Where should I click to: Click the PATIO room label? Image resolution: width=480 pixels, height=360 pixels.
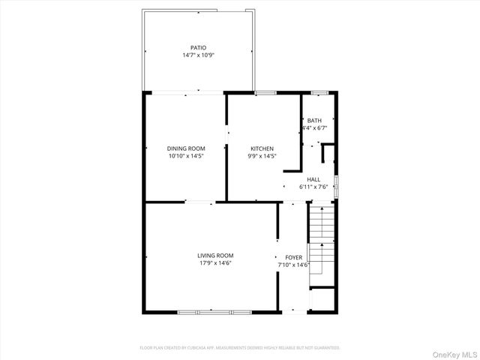[198, 47]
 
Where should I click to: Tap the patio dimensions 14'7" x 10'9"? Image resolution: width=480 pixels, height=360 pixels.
[198, 55]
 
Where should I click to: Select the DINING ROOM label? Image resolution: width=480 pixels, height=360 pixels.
[186, 148]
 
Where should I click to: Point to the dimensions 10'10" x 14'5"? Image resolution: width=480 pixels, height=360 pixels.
[186, 157]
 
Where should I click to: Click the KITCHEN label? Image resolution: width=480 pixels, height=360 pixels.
[262, 148]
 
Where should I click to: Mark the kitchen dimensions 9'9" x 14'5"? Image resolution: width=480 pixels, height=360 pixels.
[262, 157]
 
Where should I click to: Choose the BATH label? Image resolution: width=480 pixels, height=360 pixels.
[314, 121]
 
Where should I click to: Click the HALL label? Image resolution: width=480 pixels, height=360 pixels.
[313, 178]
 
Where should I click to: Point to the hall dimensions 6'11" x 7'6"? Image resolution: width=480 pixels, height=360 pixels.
[313, 186]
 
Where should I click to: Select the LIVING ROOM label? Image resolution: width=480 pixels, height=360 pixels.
[215, 256]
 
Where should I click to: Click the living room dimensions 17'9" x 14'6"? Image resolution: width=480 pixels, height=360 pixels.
[215, 263]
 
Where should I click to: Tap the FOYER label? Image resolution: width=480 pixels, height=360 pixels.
[293, 257]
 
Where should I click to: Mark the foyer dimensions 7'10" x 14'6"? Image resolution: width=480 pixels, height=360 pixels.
[293, 265]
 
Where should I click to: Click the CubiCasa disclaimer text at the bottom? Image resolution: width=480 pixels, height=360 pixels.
[240, 348]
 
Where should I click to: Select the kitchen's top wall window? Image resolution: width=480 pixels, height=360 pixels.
[265, 92]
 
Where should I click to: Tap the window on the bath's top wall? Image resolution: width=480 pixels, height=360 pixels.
[319, 92]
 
